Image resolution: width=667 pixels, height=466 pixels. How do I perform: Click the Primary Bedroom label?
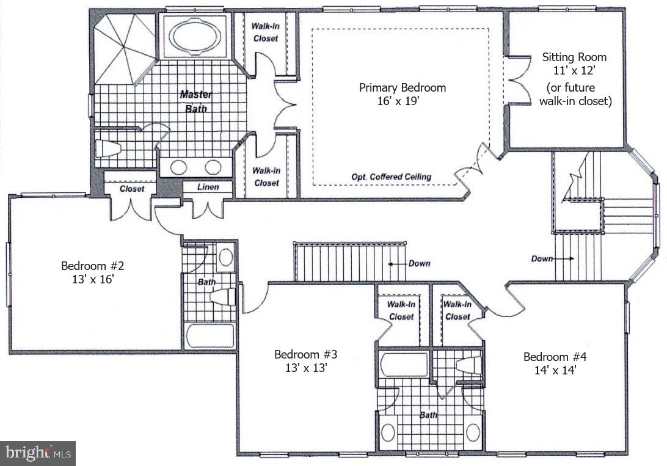402,87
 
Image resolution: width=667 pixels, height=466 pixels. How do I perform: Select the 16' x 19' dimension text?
402,101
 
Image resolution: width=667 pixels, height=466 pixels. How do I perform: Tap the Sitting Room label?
575,57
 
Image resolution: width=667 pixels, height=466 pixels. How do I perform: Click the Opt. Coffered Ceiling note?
391,177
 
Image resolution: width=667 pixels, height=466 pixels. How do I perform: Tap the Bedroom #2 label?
93,266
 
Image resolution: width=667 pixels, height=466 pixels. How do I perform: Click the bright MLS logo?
38,453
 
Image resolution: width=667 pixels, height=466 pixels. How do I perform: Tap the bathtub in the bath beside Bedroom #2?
210,335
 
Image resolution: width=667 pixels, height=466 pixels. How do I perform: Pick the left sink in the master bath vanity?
178,167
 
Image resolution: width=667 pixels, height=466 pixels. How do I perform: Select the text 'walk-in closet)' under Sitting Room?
575,101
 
